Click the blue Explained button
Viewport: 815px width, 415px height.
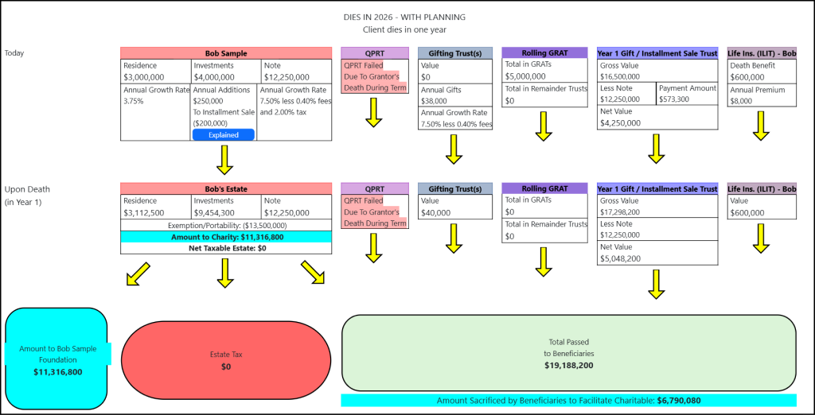click(x=223, y=135)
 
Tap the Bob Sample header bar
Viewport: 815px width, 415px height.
click(x=225, y=53)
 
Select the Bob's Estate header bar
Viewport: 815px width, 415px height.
click(x=225, y=188)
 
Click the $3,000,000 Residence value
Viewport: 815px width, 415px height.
click(x=144, y=77)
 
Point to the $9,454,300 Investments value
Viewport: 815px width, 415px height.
click(x=214, y=213)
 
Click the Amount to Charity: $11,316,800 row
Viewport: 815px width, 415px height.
click(x=225, y=237)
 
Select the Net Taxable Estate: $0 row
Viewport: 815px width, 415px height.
click(x=225, y=248)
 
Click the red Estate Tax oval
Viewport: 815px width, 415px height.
click(x=225, y=360)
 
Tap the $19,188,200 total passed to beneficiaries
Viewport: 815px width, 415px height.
click(x=568, y=366)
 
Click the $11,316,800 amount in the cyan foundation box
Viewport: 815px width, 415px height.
click(x=57, y=371)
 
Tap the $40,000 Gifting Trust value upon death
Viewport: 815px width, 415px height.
click(x=436, y=213)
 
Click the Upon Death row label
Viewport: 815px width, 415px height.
click(x=26, y=189)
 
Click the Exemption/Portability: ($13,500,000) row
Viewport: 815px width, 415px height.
click(x=225, y=225)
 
